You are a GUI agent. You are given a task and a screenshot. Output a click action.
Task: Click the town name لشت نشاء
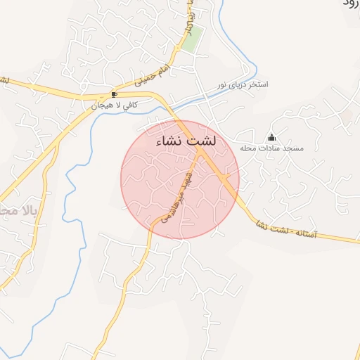coord(186,141)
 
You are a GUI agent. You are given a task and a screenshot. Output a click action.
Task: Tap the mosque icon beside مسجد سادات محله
coord(272,137)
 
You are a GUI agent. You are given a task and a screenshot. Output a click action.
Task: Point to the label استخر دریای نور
coord(240,84)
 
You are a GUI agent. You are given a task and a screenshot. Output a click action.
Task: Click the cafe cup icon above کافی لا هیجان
coord(114,94)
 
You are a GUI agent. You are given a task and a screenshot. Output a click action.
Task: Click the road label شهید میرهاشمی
coord(176,199)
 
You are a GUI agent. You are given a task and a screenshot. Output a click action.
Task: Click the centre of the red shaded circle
coord(180,179)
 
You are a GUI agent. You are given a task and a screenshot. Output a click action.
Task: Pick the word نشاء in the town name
coord(169,141)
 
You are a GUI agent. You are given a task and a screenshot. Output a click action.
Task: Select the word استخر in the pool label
coord(257,84)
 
